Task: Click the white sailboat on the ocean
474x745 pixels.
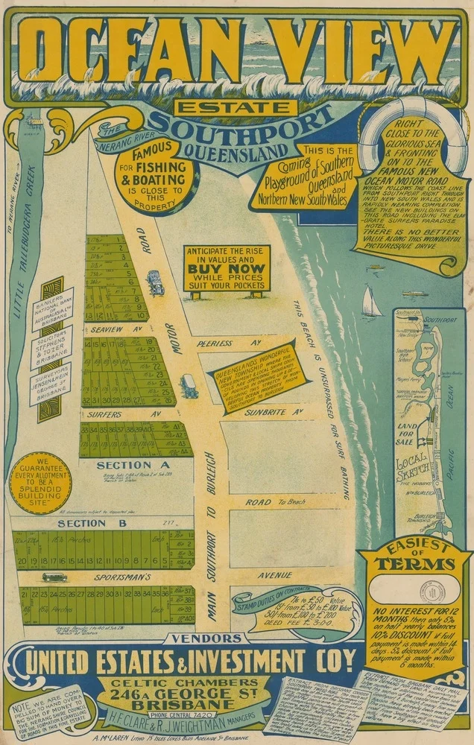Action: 370,302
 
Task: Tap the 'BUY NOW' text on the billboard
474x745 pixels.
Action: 227,268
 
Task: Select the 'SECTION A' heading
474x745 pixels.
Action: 125,465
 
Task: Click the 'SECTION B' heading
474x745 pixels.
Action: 82,523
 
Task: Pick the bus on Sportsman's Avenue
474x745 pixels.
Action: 54,577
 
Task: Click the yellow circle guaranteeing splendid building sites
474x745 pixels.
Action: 41,482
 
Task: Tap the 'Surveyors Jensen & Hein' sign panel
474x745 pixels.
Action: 51,383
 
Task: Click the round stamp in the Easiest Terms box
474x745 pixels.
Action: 432,591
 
